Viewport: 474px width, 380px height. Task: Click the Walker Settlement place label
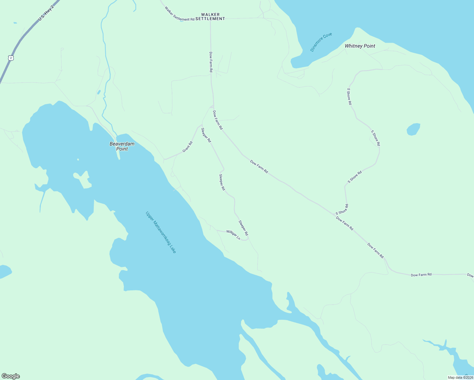pyautogui.click(x=210, y=17)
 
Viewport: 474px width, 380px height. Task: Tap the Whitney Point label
pyautogui.click(x=360, y=46)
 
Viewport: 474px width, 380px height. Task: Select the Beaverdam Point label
pyautogui.click(x=122, y=146)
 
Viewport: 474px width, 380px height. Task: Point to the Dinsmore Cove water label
pyautogui.click(x=321, y=42)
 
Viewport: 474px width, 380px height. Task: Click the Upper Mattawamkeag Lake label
pyautogui.click(x=161, y=232)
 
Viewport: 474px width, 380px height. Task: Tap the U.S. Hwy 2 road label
pyautogui.click(x=46, y=13)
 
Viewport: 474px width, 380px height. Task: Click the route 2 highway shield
pyautogui.click(x=11, y=58)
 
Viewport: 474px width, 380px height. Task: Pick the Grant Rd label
pyautogui.click(x=187, y=147)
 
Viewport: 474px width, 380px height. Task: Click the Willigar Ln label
pyautogui.click(x=233, y=234)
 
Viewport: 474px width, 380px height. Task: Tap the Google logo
pyautogui.click(x=10, y=376)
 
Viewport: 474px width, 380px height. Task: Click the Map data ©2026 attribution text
pyautogui.click(x=460, y=377)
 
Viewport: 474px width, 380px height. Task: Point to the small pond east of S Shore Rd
pyautogui.click(x=413, y=129)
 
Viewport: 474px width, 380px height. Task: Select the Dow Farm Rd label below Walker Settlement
pyautogui.click(x=211, y=62)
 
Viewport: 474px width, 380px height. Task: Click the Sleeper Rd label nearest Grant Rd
pyautogui.click(x=206, y=135)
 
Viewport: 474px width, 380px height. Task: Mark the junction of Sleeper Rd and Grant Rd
pyautogui.click(x=202, y=126)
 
